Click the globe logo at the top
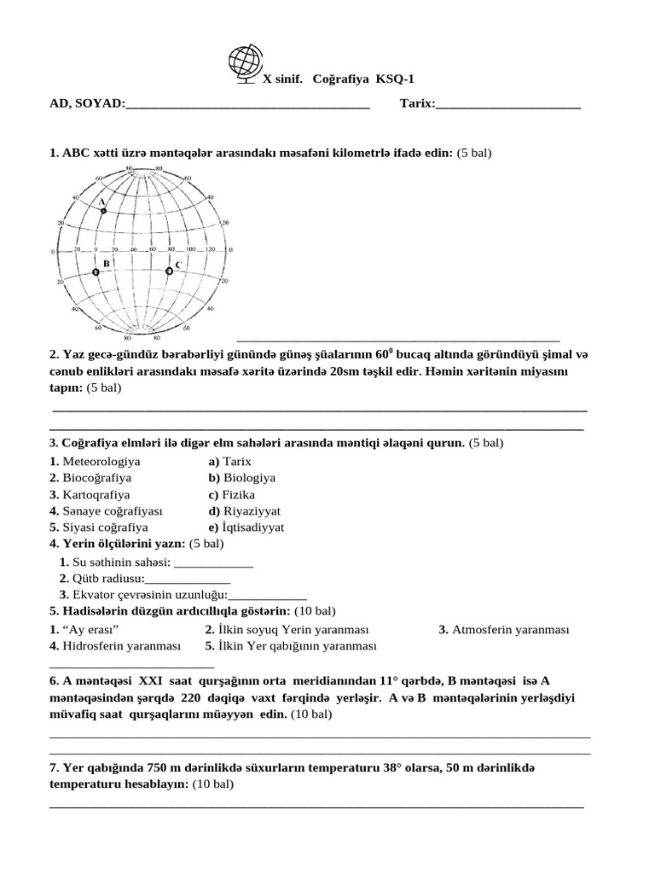point(246,65)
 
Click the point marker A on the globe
point(103,209)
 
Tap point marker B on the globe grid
point(96,271)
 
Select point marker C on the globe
point(169,271)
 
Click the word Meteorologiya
point(100,462)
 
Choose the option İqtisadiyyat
point(253,527)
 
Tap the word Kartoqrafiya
point(96,495)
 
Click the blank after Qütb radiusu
point(194,579)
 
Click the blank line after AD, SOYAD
point(247,104)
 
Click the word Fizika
point(238,495)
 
